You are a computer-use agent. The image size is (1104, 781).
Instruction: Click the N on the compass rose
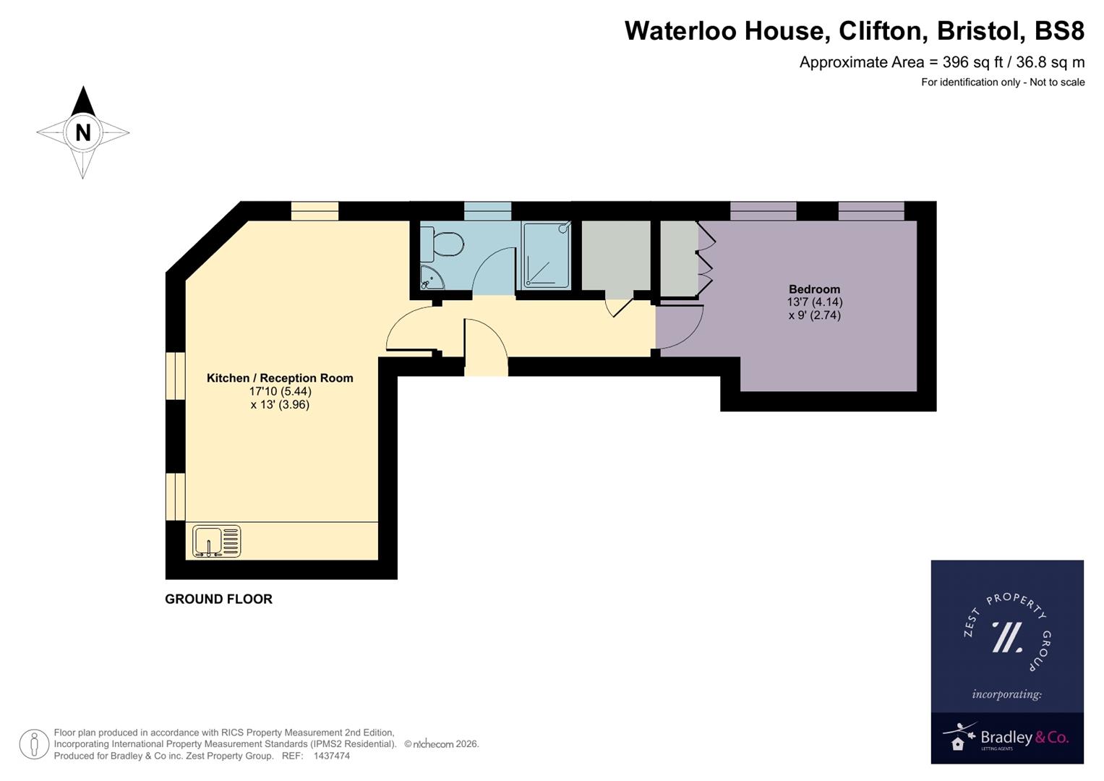pos(83,132)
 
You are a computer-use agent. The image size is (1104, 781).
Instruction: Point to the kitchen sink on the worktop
pos(216,542)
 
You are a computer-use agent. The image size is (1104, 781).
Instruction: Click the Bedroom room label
pos(814,289)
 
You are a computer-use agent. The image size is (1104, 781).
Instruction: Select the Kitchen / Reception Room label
pos(280,378)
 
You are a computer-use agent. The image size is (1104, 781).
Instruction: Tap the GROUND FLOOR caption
pos(218,599)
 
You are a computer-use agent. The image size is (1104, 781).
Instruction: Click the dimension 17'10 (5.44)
pos(280,391)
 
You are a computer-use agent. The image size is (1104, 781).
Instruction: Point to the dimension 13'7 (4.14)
pos(814,302)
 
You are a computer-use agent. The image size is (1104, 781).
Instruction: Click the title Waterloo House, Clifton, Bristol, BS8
pos(854,31)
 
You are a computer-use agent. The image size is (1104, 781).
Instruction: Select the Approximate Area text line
pos(941,62)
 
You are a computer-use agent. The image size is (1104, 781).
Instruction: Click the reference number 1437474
pos(331,756)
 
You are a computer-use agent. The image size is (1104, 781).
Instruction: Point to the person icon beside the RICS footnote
pos(34,744)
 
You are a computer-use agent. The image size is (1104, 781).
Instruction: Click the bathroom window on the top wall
pos(487,211)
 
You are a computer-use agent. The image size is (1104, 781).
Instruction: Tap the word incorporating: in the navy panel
pos(1006,694)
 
